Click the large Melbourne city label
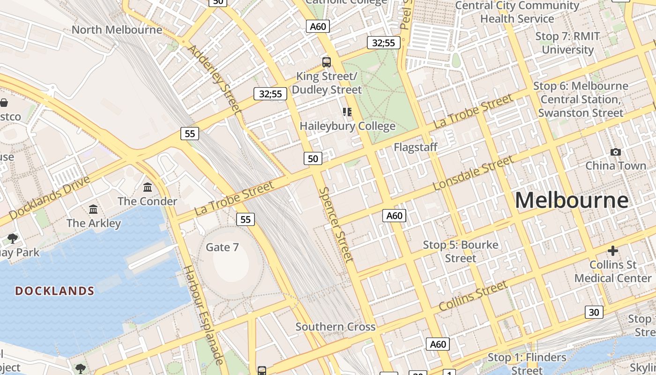[x=571, y=201]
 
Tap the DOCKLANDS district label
[x=55, y=291]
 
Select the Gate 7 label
[x=222, y=247]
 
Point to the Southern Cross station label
[x=335, y=327]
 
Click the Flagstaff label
[x=415, y=147]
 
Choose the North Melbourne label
[x=117, y=30]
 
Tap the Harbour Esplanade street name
[x=203, y=315]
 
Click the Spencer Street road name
[x=335, y=224]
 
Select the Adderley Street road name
[x=214, y=79]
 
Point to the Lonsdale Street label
[x=473, y=173]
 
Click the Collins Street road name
[x=473, y=296]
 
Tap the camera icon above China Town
[x=616, y=152]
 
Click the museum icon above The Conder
[x=148, y=187]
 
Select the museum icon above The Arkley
[x=93, y=209]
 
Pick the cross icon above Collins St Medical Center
[x=612, y=251]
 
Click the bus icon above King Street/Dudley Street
[x=326, y=62]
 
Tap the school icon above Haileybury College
[x=347, y=112]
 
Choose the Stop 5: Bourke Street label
[x=460, y=251]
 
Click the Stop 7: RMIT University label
[x=567, y=43]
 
